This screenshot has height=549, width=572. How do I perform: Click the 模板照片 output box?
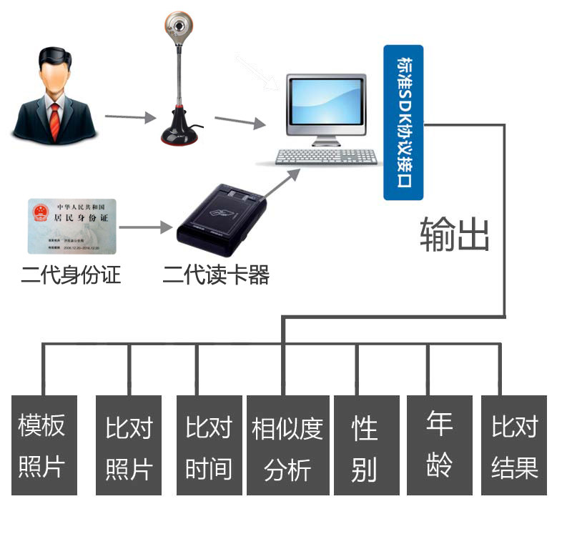coord(44,445)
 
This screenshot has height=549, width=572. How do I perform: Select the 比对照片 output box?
coord(129,445)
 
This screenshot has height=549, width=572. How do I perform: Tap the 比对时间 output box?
coord(209,445)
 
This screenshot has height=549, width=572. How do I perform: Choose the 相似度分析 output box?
coord(287,445)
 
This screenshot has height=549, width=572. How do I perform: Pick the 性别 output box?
coord(363,445)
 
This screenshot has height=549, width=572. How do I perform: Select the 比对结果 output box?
coord(514,445)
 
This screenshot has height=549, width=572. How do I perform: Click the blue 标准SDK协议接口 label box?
coord(403,122)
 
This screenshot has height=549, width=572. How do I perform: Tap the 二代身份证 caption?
coord(71,274)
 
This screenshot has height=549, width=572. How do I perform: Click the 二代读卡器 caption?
coord(216,274)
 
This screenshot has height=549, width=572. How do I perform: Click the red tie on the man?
coord(54,120)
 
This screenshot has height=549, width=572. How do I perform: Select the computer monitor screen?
coord(325,104)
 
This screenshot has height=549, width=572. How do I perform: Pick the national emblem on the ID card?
coord(39,213)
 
